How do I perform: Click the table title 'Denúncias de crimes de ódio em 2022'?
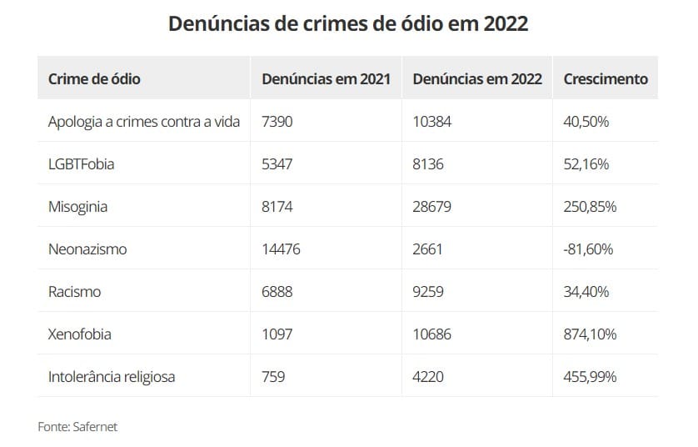(348, 23)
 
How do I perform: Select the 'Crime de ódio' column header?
(94, 79)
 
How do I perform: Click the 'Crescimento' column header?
(606, 79)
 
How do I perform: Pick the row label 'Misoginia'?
(77, 207)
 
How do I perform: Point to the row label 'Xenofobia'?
(79, 334)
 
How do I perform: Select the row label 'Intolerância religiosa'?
(112, 377)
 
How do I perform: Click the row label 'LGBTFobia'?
(81, 164)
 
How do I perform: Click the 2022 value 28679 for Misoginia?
(431, 207)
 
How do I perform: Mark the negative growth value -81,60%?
(588, 249)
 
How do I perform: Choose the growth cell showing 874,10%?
(590, 334)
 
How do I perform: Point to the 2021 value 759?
(273, 377)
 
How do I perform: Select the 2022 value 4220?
(428, 377)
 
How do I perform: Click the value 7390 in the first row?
(277, 122)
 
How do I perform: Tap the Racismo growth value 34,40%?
(586, 292)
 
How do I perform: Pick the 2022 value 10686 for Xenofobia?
(431, 334)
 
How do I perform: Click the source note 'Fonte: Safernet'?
(77, 426)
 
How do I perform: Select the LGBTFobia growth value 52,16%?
(586, 164)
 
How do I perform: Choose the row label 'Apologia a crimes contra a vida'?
(144, 122)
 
